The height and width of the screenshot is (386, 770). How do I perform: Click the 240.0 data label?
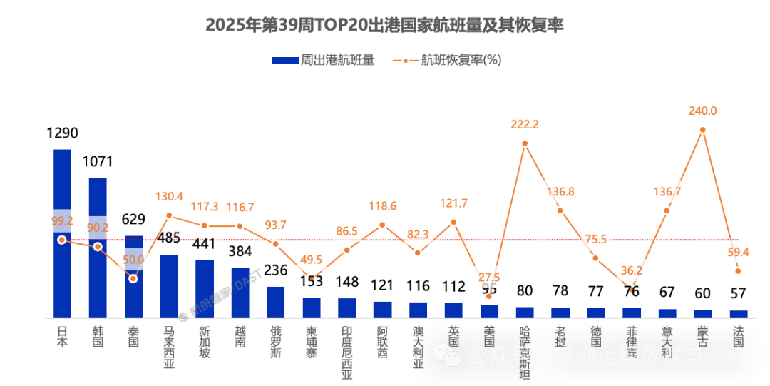(703, 111)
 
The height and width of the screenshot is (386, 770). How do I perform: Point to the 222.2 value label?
(525, 124)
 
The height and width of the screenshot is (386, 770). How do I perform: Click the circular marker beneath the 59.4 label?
(738, 271)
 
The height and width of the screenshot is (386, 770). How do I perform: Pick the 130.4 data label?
(168, 196)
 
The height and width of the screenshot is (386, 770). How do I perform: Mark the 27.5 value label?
(489, 277)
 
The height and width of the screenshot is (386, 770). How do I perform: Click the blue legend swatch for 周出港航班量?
(284, 61)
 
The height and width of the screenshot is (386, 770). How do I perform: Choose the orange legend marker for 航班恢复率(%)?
(405, 61)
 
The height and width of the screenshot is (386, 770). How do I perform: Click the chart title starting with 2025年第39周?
(385, 25)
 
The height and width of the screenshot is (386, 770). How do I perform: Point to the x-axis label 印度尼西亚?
(347, 351)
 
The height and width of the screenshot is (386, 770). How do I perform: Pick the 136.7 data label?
(667, 191)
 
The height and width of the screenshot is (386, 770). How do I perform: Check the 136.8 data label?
(560, 191)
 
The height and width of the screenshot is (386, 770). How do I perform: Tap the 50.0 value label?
(133, 260)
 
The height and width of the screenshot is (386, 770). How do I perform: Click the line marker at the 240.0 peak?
(703, 130)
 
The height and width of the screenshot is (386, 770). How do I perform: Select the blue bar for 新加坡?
(205, 288)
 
